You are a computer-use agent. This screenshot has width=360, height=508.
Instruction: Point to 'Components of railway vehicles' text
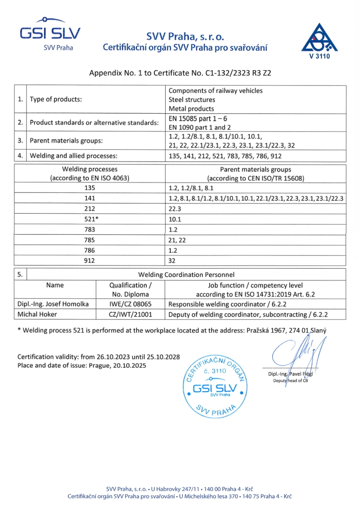pyautogui.click(x=215, y=91)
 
